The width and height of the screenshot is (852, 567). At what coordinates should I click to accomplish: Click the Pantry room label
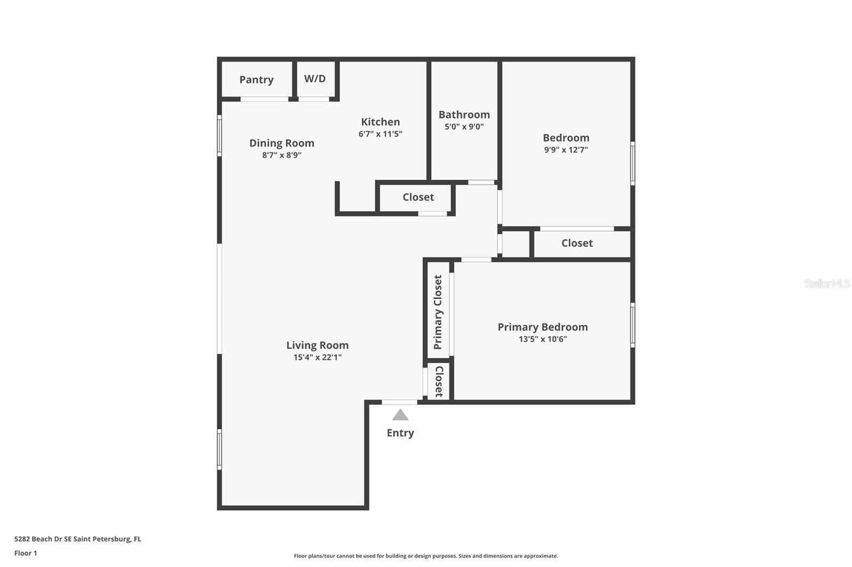coord(256,80)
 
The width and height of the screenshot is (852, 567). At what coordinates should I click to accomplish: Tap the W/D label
coord(315,79)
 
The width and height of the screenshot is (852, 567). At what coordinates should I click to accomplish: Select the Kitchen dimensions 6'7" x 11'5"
coord(380,134)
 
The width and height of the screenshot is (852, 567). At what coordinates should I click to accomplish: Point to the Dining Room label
coord(282,143)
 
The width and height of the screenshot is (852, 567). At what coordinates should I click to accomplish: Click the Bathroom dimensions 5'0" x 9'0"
coord(464,127)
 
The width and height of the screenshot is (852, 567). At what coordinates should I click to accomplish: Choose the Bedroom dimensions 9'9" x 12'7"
coord(566,150)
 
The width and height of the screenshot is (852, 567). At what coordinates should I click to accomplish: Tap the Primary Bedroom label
coord(543,327)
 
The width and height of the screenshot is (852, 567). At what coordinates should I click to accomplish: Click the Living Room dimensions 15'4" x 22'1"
coord(317,357)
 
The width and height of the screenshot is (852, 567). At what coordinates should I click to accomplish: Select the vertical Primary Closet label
coord(438,312)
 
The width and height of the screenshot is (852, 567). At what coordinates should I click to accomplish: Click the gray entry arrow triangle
coord(400,415)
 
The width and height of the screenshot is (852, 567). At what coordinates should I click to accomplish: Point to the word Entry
coord(400,433)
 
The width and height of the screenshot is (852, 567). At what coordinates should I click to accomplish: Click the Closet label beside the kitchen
coord(419,197)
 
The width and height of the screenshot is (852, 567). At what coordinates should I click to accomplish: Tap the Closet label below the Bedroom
coord(577,243)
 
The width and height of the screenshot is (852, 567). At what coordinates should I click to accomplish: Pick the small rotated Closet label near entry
coord(439,381)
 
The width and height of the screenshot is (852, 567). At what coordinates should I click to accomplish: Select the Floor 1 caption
coord(26,553)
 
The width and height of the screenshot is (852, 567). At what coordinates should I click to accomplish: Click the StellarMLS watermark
coord(827,283)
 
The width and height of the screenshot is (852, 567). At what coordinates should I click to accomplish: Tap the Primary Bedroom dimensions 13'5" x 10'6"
coord(543,339)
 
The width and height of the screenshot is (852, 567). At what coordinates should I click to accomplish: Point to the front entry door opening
coord(399,402)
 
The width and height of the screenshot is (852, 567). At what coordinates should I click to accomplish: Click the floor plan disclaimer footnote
coord(426,556)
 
